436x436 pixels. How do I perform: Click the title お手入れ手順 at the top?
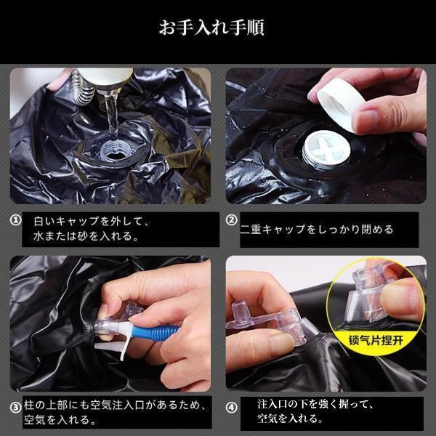pyautogui.click(x=211, y=28)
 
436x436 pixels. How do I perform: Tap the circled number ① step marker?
pyautogui.click(x=15, y=220)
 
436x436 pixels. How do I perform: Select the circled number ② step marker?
pyautogui.click(x=231, y=220)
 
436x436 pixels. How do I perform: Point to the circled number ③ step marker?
pyautogui.click(x=15, y=408)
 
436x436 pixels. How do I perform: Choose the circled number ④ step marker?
pyautogui.click(x=231, y=408)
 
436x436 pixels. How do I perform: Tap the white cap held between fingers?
pyautogui.click(x=340, y=103)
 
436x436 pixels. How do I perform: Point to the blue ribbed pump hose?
pyautogui.click(x=156, y=332)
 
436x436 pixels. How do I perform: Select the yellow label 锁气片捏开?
pyautogui.click(x=376, y=340)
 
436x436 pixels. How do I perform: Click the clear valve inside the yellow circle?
pyautogui.click(x=367, y=295)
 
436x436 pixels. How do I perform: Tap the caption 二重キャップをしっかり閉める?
pyautogui.click(x=317, y=230)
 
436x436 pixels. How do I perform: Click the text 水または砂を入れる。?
pyautogui.click(x=86, y=236)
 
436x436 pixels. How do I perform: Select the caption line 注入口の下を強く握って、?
pyautogui.click(x=315, y=404)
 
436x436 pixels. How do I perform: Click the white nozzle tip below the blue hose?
pyautogui.click(x=108, y=347)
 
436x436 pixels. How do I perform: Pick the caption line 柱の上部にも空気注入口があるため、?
pyautogui.click(x=115, y=405)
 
